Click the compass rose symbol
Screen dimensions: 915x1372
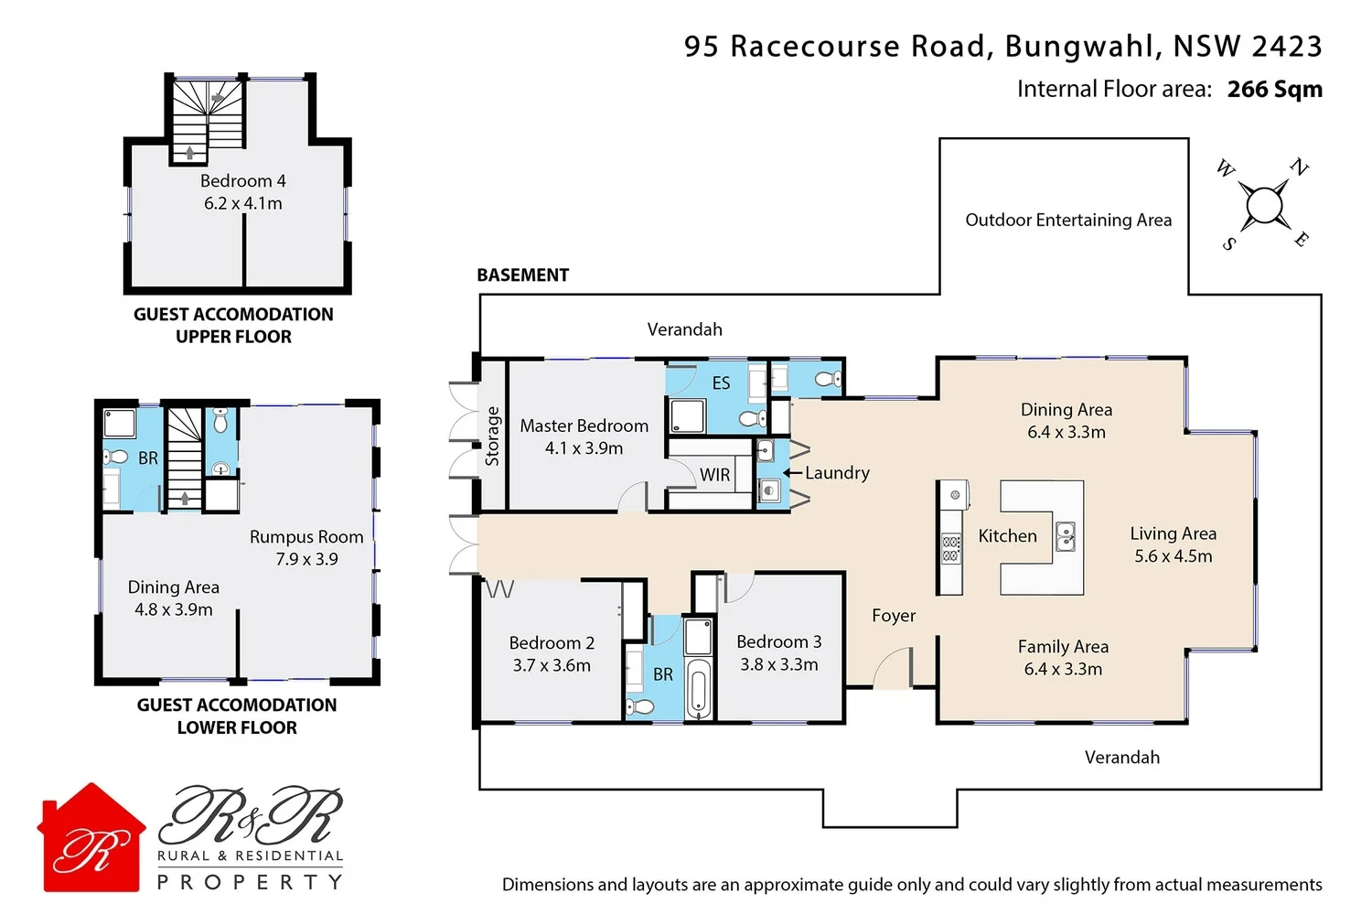point(1264,205)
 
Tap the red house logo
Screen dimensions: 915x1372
point(91,838)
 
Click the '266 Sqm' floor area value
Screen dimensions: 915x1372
point(1274,89)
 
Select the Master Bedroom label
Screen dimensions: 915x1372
point(584,425)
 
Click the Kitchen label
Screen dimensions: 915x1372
point(1007,536)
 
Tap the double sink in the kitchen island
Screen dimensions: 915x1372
point(1066,537)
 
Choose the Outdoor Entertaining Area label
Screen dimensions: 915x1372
point(1068,220)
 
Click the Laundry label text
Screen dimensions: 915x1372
point(837,473)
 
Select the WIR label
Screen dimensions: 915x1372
point(714,475)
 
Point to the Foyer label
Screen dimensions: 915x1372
point(893,616)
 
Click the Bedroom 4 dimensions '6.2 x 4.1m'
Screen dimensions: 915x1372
point(242,203)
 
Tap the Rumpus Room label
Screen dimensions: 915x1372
point(306,537)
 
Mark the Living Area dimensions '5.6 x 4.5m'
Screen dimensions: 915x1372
point(1173,556)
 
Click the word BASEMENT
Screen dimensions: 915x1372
point(522,275)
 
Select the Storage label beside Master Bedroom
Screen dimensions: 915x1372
point(492,436)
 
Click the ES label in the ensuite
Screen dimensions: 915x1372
point(721,383)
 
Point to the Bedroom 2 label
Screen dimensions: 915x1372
point(552,643)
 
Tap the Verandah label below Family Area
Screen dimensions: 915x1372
point(1121,758)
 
